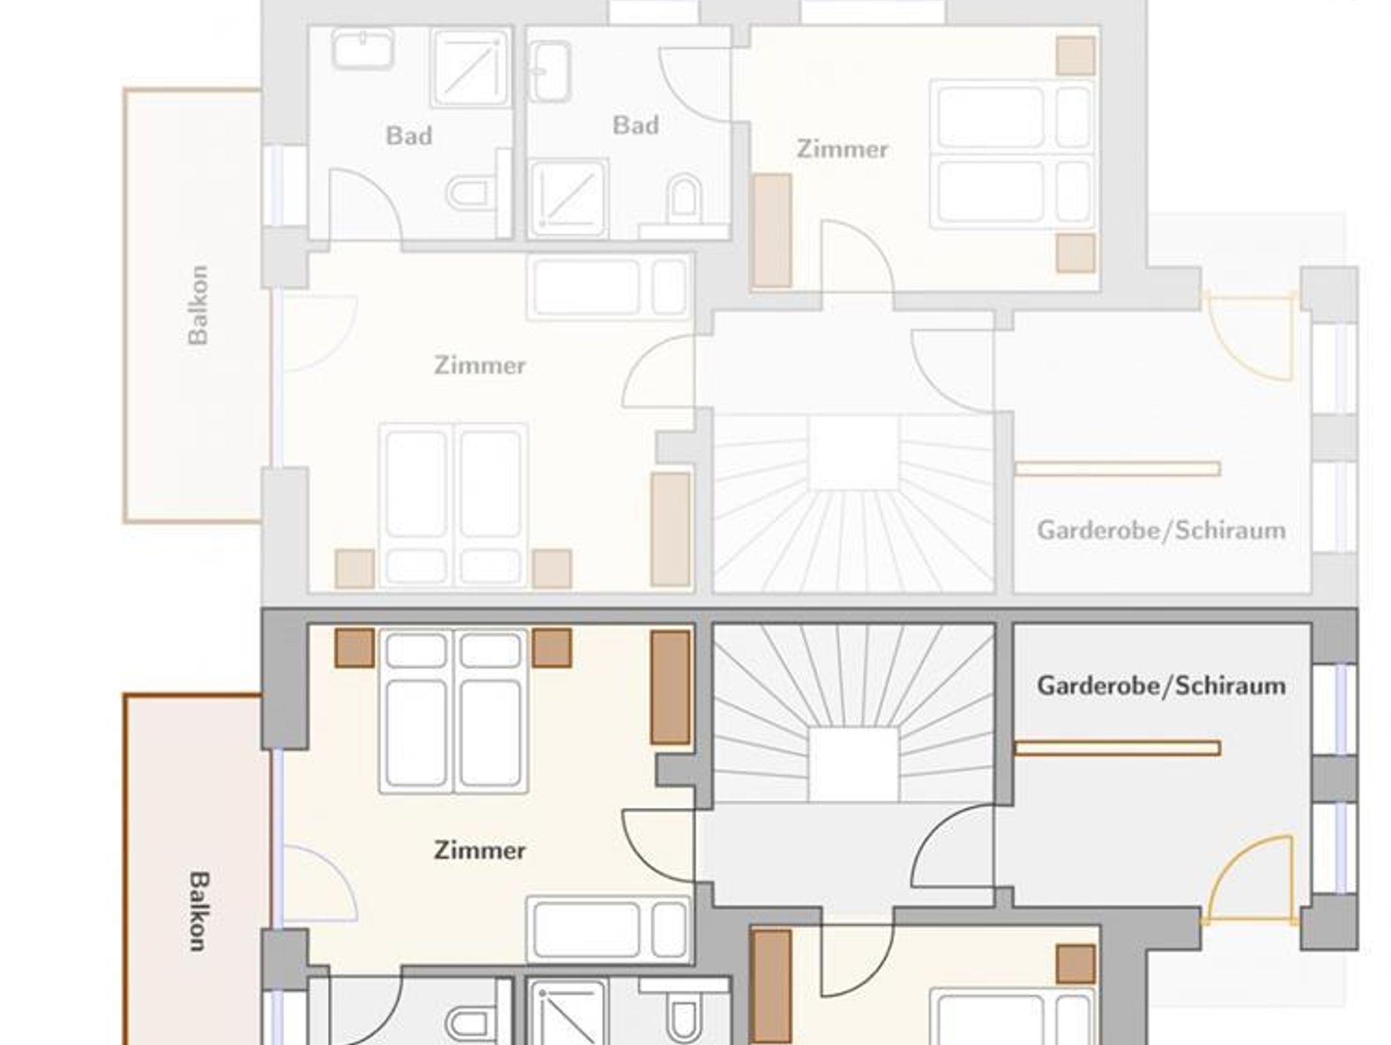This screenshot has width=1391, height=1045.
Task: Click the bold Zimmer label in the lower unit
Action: (480, 850)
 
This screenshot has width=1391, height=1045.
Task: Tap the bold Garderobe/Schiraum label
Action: (1161, 686)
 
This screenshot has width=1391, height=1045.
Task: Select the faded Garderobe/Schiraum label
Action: (1161, 530)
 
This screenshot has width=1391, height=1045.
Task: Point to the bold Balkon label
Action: (197, 911)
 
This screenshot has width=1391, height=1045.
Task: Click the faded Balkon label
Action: (197, 305)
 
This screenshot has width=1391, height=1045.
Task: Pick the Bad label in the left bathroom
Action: (409, 136)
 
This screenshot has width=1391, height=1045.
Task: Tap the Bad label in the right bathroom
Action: (636, 125)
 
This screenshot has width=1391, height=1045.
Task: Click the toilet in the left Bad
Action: (468, 193)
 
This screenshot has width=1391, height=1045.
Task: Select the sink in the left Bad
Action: (363, 49)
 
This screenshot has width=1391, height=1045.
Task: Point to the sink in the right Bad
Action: (550, 71)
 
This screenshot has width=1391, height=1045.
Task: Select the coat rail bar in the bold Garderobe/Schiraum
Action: (1117, 748)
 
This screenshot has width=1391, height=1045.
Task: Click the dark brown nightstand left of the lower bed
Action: (355, 648)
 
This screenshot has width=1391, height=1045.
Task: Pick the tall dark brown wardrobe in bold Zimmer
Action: (670, 688)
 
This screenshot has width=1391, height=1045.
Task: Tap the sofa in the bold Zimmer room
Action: (609, 929)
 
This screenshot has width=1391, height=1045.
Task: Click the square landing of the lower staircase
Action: (854, 764)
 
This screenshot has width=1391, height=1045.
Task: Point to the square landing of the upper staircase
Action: (854, 453)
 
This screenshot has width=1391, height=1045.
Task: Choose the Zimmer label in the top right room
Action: (842, 149)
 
